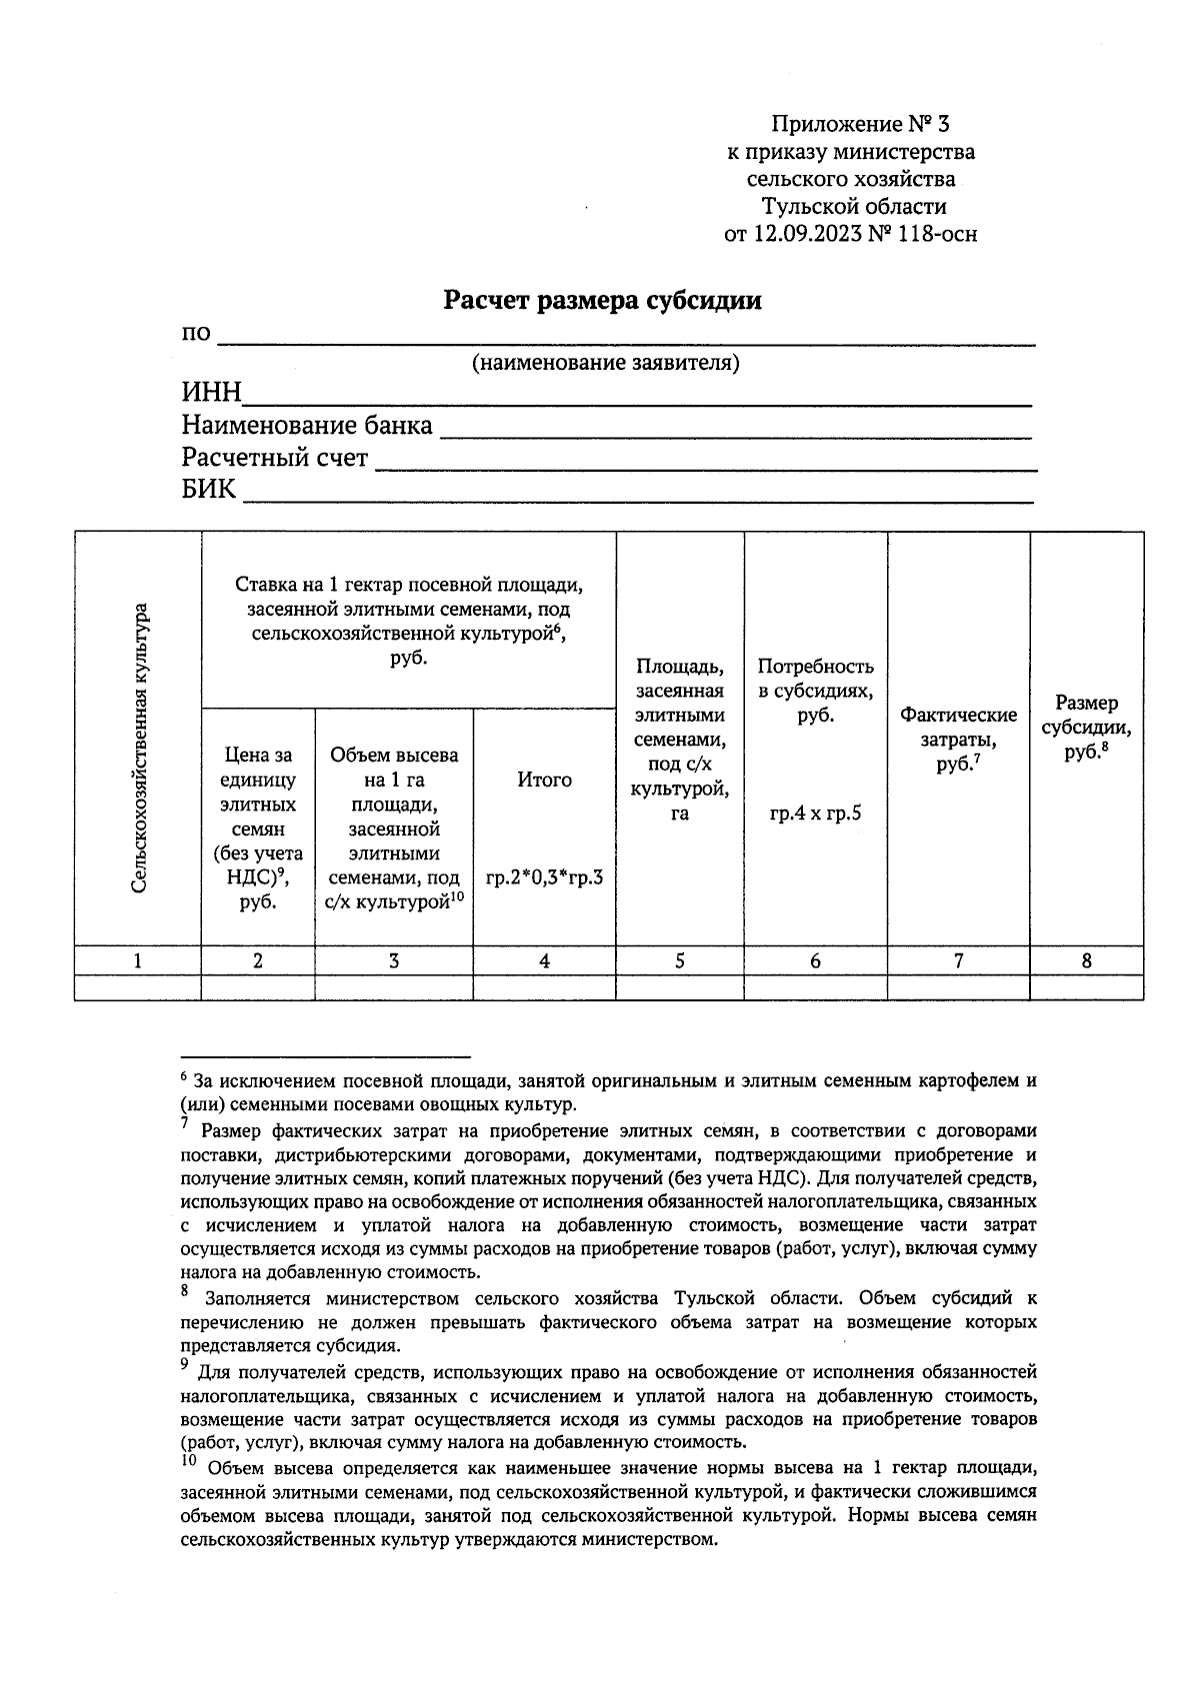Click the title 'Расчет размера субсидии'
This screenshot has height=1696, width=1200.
pos(602,300)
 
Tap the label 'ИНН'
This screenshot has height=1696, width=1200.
pos(211,392)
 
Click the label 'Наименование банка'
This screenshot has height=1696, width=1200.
pos(307,426)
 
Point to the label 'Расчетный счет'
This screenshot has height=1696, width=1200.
pos(275,458)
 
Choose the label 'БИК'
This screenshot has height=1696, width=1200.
pos(209,490)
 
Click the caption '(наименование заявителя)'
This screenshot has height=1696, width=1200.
pos(605,362)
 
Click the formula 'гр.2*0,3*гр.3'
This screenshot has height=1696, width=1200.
pos(544,878)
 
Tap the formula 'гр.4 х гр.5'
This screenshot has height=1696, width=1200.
pos(815,813)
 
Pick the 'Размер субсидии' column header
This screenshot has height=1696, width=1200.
pos(1086,728)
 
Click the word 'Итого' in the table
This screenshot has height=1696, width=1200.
pos(544,780)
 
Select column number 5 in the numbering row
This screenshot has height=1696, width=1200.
pos(680,960)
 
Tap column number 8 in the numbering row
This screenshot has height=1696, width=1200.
pos(1087,960)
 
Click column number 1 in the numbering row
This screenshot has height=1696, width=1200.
pos(138,960)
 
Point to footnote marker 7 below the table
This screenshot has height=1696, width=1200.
pos(185,1124)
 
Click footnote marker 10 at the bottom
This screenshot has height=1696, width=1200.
pos(188,1461)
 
